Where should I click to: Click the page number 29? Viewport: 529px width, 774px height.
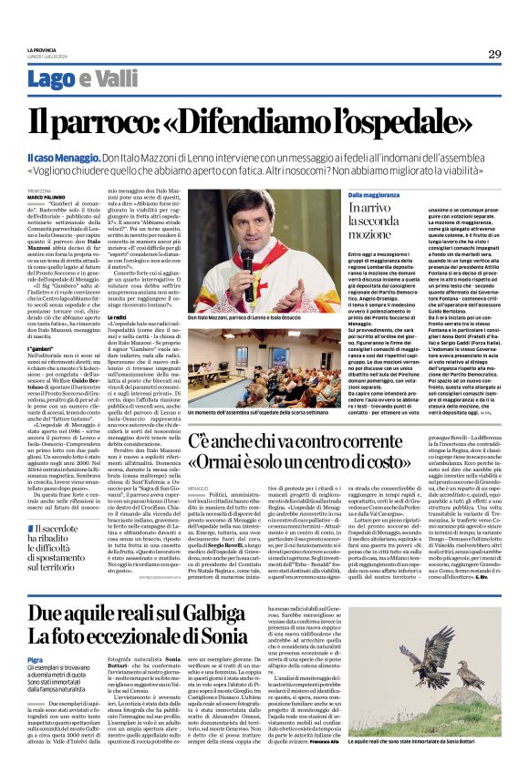[494, 54]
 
